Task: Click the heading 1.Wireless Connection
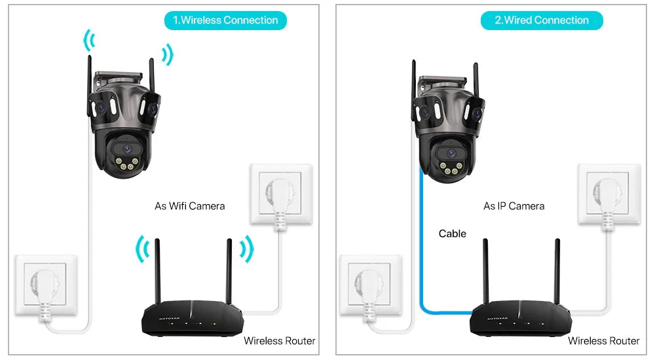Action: [x=225, y=20]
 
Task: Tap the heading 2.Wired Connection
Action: [x=542, y=20]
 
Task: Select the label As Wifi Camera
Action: [x=189, y=206]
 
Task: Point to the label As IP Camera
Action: [x=514, y=206]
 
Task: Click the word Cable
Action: [x=453, y=234]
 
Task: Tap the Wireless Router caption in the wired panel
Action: [x=603, y=341]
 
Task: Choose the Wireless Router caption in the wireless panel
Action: [x=280, y=341]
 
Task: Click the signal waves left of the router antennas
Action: [x=141, y=250]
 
